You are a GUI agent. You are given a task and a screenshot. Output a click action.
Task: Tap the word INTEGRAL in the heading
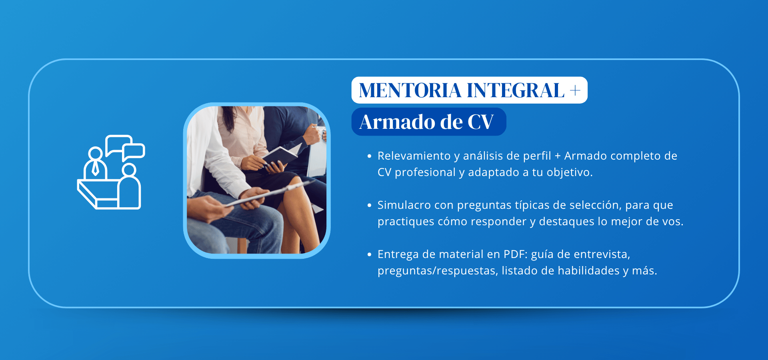point(516,90)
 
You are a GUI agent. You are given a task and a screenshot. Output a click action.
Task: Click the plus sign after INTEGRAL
point(575,91)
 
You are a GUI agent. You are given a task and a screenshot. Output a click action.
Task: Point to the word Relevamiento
point(414,156)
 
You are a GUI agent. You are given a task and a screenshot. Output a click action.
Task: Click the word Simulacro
point(404,205)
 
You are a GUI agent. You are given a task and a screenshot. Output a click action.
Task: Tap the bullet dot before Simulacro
point(369,205)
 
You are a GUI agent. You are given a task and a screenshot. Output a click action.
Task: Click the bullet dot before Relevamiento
point(369,156)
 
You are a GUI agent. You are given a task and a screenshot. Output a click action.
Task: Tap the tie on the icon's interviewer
point(95,168)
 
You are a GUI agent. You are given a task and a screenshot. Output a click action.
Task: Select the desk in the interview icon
point(98,194)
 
